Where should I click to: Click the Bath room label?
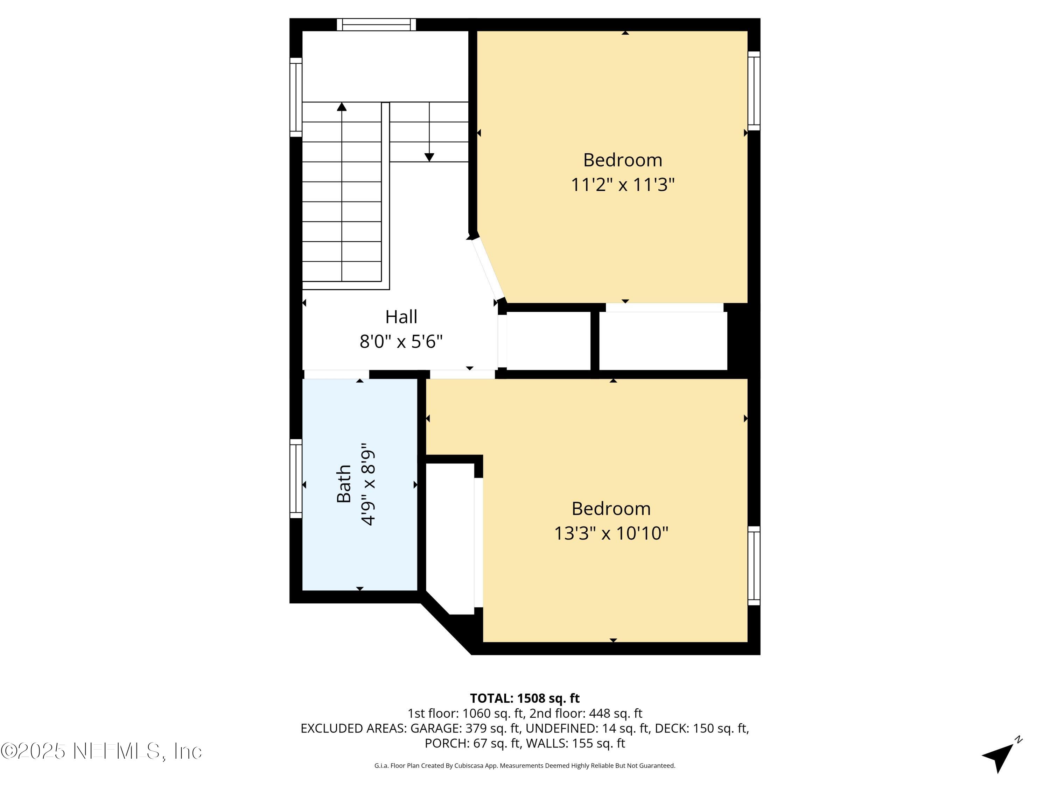344,484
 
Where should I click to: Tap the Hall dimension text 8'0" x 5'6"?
401,341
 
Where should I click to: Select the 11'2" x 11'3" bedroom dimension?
622,185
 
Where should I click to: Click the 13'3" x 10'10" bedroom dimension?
611,533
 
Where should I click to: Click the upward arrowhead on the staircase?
342,107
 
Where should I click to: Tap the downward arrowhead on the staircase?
429,157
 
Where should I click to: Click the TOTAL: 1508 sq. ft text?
525,698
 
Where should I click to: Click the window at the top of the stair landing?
376,25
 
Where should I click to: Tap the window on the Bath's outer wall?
296,478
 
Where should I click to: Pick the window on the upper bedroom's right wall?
754,91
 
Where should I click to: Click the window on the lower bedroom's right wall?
754,566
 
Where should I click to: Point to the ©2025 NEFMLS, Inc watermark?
101,751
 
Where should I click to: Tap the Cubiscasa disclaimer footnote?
525,766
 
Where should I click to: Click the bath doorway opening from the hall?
336,374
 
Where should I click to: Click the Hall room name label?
401,317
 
